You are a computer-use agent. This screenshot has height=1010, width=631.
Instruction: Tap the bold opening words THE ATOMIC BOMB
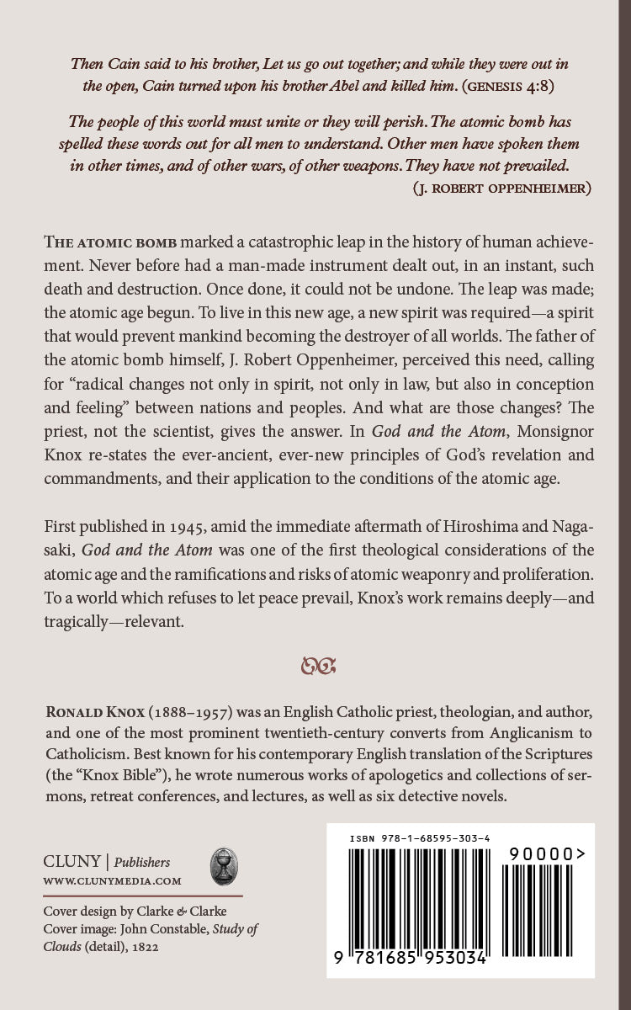pos(111,242)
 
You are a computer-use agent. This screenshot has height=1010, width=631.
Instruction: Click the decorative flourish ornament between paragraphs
pos(319,668)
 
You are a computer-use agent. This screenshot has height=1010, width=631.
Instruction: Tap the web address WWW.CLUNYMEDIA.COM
pos(112,880)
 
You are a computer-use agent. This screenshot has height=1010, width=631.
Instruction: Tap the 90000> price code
pos(544,853)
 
